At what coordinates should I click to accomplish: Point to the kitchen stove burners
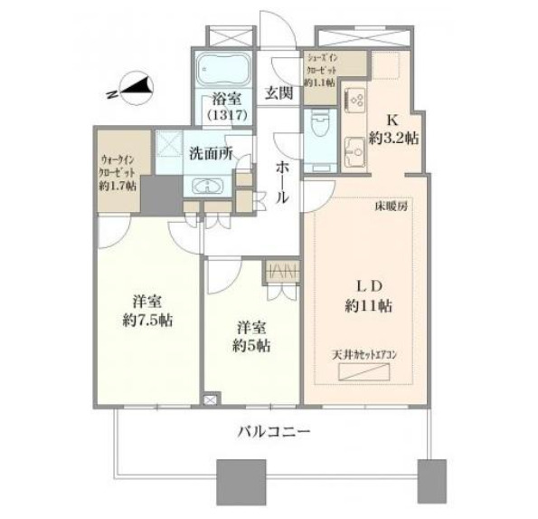(354, 97)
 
